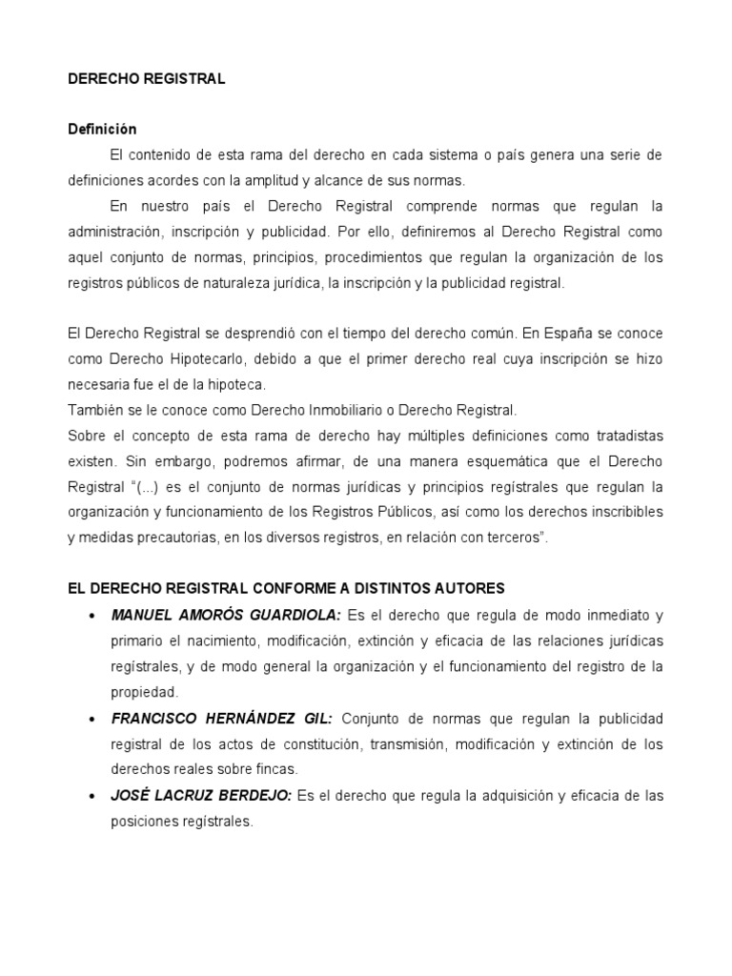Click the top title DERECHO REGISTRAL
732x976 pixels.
point(146,80)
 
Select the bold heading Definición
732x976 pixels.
point(102,130)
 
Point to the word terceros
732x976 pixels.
point(511,539)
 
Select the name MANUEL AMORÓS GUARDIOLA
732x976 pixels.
point(225,614)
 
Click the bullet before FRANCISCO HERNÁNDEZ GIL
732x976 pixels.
point(91,718)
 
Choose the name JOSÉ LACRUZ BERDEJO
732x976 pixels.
point(201,795)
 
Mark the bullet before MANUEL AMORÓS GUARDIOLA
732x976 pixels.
point(91,615)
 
